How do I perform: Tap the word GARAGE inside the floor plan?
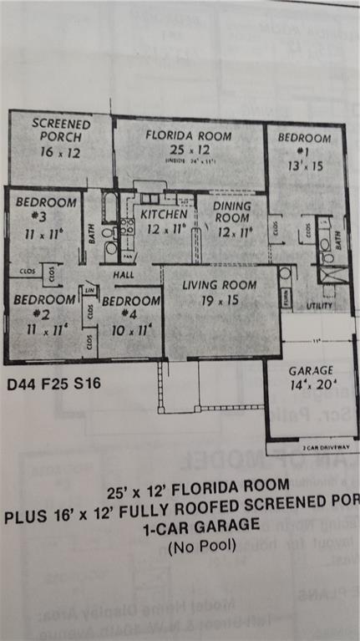[x=311, y=370]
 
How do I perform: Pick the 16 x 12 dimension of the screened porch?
[x=61, y=152]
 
